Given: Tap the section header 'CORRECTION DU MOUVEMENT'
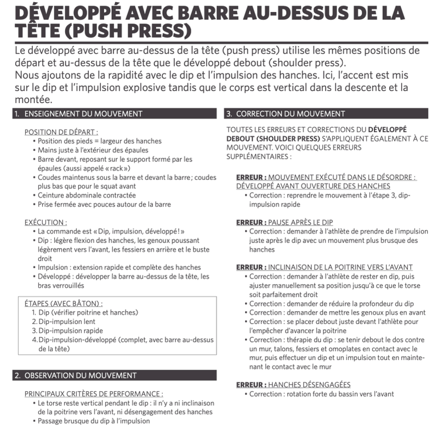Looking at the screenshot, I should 290,114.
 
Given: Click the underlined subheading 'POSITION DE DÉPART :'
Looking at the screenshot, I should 61,132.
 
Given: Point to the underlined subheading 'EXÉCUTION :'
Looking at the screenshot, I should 46,222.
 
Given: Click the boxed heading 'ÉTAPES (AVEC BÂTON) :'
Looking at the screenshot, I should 64,303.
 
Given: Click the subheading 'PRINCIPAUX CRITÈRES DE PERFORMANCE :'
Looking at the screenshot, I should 94,393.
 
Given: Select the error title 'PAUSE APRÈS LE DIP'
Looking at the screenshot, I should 300,222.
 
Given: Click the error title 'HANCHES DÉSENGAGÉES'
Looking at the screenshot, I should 309,385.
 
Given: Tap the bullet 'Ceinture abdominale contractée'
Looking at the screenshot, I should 87,195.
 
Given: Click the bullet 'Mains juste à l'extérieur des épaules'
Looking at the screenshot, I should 93,150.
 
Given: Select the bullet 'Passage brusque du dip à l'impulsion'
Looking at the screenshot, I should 94,421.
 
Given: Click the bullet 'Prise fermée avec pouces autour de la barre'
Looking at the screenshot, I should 104,204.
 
